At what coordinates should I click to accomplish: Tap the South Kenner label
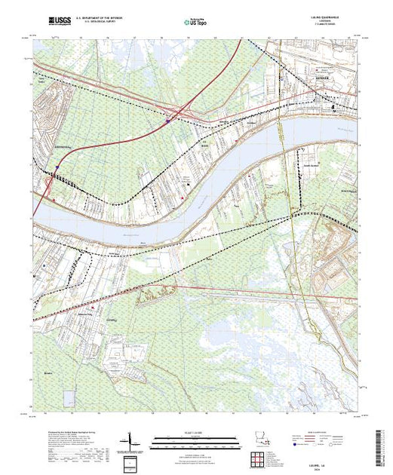click(310, 167)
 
